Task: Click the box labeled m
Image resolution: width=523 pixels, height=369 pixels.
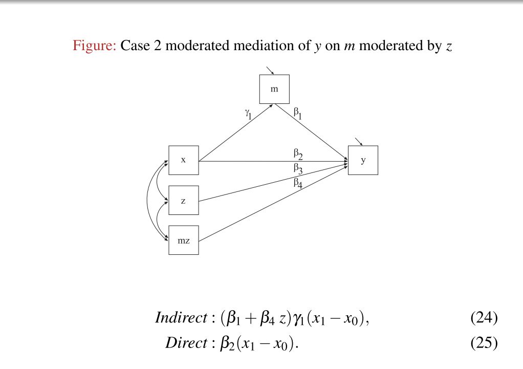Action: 274,89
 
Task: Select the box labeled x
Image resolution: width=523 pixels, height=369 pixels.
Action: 183,160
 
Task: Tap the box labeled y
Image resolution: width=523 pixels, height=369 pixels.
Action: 363,160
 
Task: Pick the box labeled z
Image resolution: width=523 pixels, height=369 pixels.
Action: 183,200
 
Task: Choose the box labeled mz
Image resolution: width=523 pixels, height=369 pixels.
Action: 183,240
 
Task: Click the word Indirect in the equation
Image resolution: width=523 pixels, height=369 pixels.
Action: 180,318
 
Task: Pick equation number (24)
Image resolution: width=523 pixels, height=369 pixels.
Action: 484,318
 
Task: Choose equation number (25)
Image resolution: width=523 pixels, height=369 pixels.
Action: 484,342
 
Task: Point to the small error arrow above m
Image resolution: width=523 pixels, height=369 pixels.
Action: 270,70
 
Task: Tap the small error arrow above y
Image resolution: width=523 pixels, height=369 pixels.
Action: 359,141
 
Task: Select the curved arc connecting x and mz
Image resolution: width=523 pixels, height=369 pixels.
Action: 147,200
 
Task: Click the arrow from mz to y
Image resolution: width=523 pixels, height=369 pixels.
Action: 271,204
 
